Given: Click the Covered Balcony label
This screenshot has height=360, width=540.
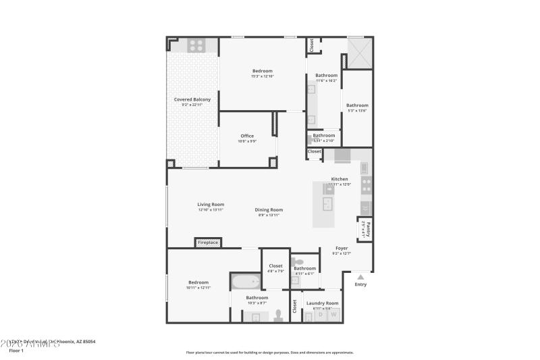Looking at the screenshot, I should (192, 99).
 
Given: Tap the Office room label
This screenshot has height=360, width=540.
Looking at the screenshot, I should (247, 136).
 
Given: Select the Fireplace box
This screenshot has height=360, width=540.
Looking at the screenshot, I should (207, 242).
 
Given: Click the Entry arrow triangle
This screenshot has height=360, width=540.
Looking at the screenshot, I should (360, 276).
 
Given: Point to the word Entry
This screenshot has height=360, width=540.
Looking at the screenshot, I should (360, 284).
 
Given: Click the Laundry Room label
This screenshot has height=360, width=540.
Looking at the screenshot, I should (322, 303).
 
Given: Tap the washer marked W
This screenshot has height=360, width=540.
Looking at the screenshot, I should (332, 315).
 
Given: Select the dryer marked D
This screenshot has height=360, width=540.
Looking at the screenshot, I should (319, 315).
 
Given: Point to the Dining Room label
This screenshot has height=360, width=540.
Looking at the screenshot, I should (269, 210).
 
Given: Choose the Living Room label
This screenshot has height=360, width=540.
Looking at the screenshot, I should (211, 205).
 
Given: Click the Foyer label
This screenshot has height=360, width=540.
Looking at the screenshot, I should (342, 248).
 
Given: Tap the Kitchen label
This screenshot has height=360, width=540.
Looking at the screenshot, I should (340, 179).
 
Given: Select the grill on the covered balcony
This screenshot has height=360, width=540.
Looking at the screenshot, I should (196, 45).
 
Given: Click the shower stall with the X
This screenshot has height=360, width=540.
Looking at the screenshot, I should (359, 52).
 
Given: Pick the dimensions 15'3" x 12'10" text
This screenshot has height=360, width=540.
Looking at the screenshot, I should (262, 76).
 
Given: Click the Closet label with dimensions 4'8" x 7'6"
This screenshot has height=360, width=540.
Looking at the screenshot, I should (275, 266).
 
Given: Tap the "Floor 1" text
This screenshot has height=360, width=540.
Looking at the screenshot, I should (16, 351).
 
